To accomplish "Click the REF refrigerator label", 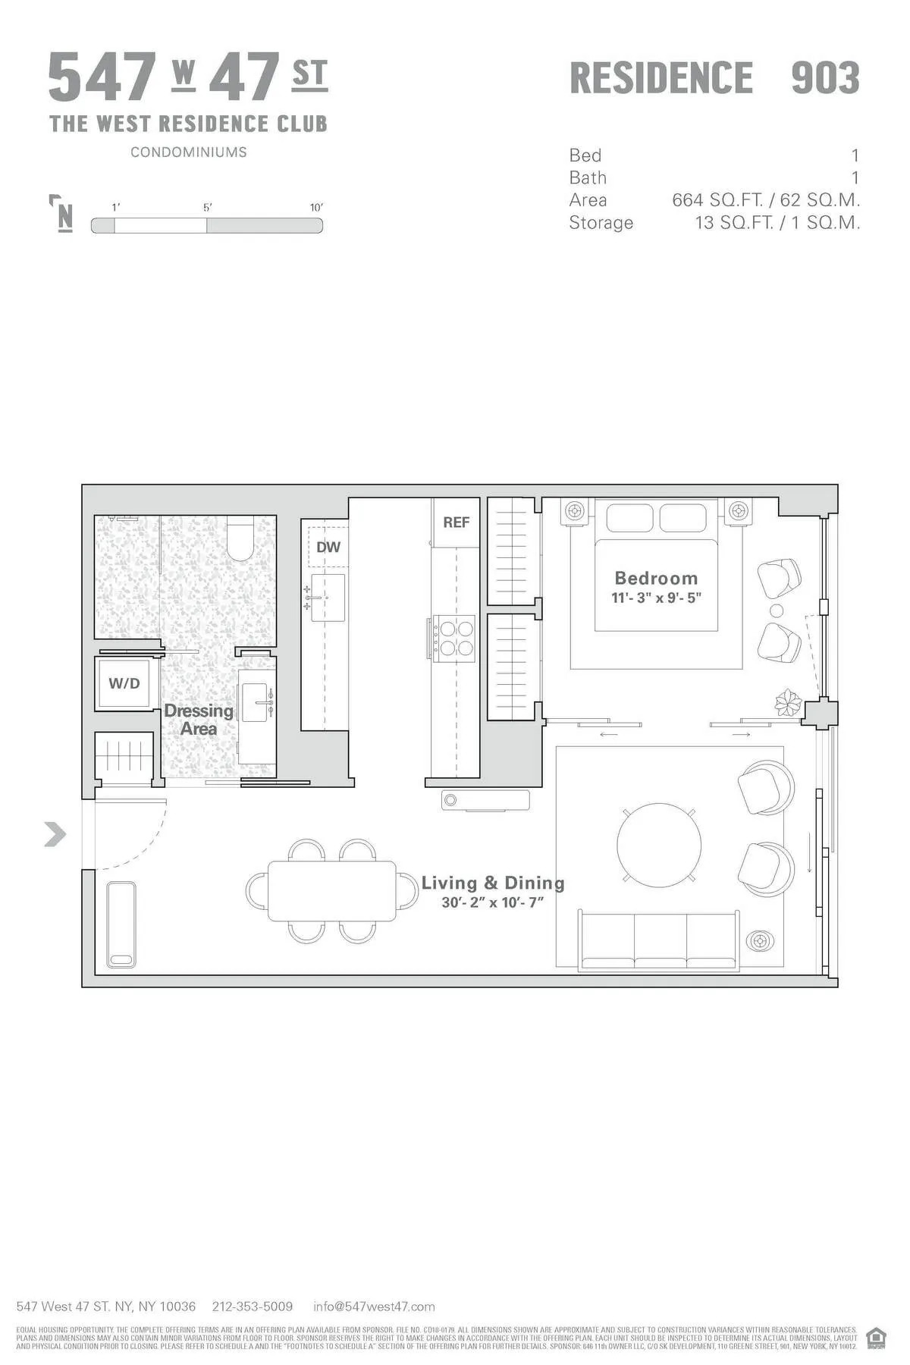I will point(457,522).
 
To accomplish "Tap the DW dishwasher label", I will point(328,548).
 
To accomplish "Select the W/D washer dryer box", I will point(124,683).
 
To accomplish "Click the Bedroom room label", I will point(656,579).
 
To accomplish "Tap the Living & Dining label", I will point(493,883).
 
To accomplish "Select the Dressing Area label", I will point(199,720).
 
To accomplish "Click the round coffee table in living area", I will point(658,843).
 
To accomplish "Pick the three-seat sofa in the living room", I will point(658,941).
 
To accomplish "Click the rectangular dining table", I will point(332,891).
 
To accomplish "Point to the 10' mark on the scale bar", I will point(316,208).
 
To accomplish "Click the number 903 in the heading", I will point(825,78).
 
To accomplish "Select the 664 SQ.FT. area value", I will point(717,200).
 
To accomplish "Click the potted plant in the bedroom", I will point(788,703).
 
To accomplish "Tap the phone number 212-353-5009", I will point(253,1307).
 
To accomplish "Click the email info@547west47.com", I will point(374,1307).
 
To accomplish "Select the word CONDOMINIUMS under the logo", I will point(189,152).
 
